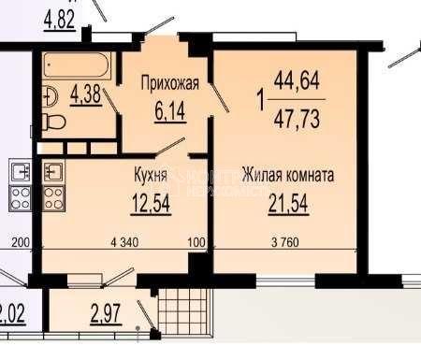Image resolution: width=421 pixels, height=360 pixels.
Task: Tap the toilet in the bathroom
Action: (54, 122)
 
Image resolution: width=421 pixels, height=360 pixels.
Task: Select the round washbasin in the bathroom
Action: (47, 94)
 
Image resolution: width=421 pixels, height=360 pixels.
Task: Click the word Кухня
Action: (150, 174)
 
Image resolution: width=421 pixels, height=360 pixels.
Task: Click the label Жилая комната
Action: (287, 174)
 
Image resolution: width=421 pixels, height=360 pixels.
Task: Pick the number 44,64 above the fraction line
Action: (296, 82)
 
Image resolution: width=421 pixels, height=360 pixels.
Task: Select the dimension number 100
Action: (196, 243)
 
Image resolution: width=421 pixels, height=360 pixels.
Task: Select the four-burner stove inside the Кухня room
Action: (53, 200)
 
